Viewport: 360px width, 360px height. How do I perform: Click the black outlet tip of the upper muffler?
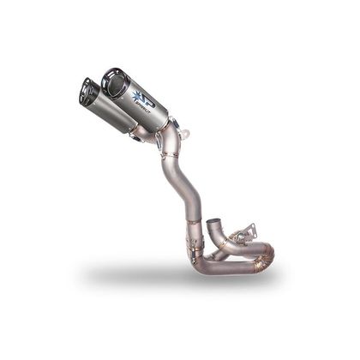pyautogui.click(x=114, y=83)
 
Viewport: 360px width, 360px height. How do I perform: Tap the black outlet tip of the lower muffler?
pyautogui.click(x=88, y=92)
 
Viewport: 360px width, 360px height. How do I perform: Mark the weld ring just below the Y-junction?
pyautogui.click(x=170, y=155)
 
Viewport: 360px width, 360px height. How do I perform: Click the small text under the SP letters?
pyautogui.click(x=149, y=110)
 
